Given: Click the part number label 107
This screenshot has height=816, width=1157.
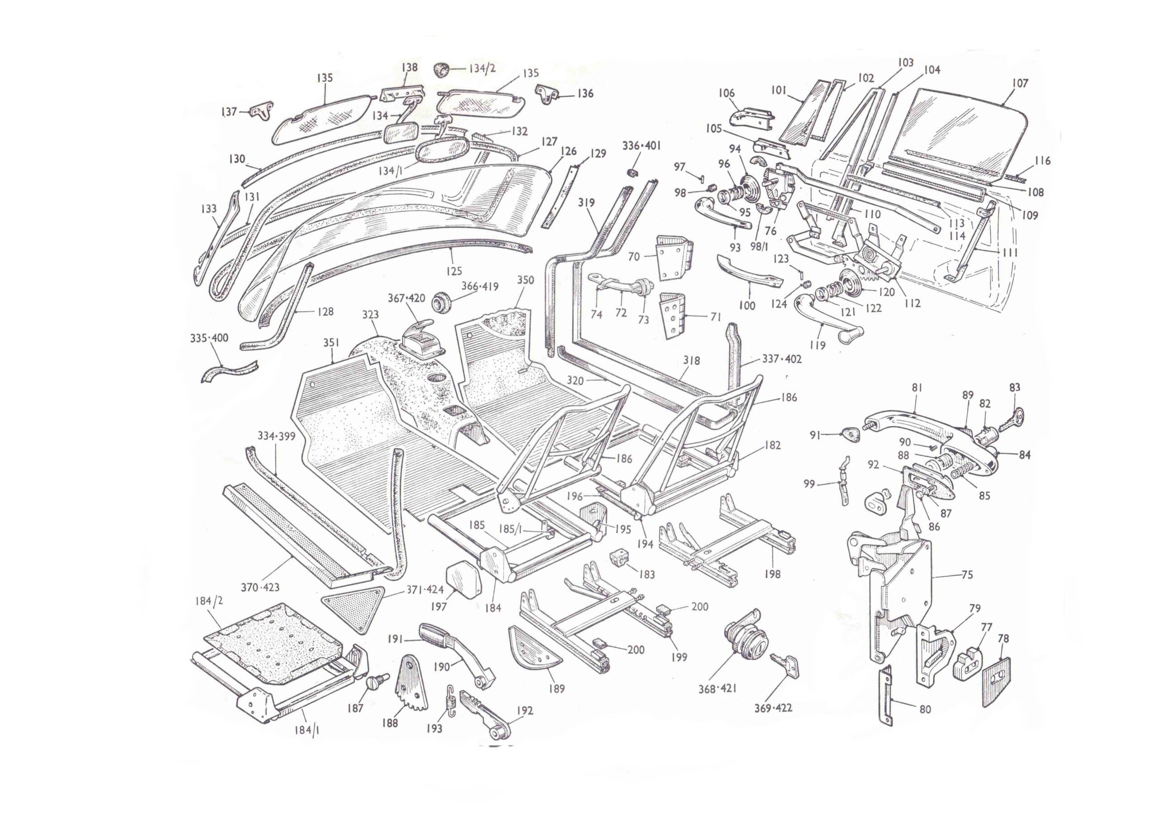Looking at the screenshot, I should click(1020, 83).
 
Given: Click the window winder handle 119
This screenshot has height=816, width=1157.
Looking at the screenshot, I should click(827, 316).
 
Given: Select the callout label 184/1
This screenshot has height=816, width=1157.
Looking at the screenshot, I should click(307, 730).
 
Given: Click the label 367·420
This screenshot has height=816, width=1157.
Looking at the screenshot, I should click(406, 298).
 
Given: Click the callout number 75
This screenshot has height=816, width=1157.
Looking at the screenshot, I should click(967, 575).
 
